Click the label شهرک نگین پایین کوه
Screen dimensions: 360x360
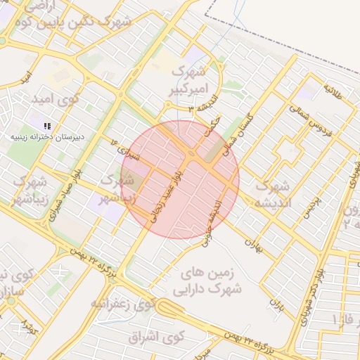pos(77,22)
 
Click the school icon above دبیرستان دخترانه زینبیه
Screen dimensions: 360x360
pos(47,125)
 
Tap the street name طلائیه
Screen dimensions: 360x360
pos(333,92)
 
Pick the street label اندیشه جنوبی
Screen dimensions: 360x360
pos(215,215)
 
